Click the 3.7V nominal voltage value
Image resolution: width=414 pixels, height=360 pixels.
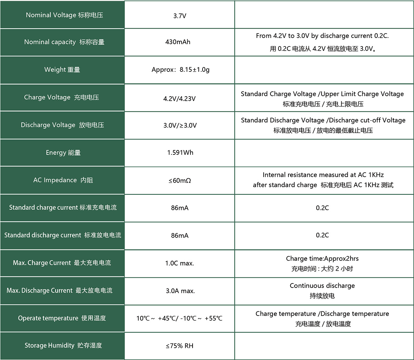point(180,16)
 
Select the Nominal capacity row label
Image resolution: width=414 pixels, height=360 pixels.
point(64,42)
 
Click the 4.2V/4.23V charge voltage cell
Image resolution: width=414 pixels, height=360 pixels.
point(179,99)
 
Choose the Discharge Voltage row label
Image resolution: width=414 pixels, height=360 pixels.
point(62,125)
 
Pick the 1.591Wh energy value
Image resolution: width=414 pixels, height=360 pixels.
point(180,153)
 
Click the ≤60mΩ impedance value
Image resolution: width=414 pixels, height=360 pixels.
point(180,181)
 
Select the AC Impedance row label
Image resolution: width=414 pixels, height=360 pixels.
point(63,180)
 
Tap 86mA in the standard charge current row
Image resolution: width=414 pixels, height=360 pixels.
point(180,208)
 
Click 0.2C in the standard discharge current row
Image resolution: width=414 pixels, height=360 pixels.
point(322,235)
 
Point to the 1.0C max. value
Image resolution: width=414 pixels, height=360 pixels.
point(179,263)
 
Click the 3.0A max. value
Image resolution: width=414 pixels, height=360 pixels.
point(180,291)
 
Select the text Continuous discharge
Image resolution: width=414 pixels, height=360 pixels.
point(322,286)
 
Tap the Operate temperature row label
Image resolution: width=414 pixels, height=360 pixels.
point(62,318)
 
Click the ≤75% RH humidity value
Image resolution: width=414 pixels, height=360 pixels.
point(179,346)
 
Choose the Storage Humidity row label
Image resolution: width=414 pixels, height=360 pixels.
point(63,346)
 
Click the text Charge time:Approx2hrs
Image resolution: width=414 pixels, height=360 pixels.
point(322,259)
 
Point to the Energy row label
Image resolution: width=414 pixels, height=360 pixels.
point(63,153)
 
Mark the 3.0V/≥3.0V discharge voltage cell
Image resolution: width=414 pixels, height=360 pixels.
point(180,126)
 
